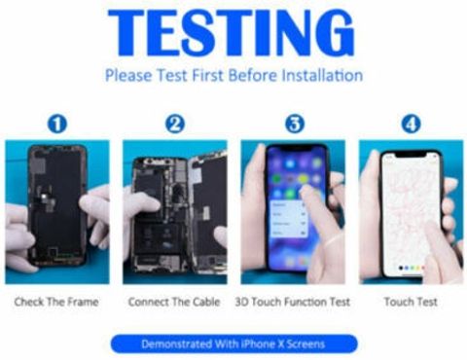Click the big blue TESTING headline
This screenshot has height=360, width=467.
(x=232, y=33)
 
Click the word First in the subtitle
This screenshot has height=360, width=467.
(x=208, y=75)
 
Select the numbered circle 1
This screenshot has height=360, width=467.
(x=57, y=125)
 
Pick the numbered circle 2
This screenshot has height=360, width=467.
(x=175, y=125)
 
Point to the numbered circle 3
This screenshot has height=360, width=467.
(x=295, y=125)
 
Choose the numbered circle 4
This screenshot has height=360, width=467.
(x=411, y=125)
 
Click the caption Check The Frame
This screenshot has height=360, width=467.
(x=56, y=302)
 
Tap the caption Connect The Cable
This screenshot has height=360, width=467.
(x=174, y=302)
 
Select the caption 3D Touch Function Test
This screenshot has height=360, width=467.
(x=293, y=302)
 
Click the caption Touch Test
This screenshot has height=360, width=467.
(x=411, y=302)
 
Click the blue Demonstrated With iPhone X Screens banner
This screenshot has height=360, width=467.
(x=233, y=343)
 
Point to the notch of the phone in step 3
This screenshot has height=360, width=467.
(x=297, y=149)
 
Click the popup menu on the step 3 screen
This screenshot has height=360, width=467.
(x=288, y=219)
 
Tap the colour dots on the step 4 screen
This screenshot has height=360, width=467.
(x=412, y=268)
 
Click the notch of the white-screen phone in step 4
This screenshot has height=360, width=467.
(x=412, y=155)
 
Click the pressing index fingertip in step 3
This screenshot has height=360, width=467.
(x=305, y=192)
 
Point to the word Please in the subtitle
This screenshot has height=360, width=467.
(x=128, y=76)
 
